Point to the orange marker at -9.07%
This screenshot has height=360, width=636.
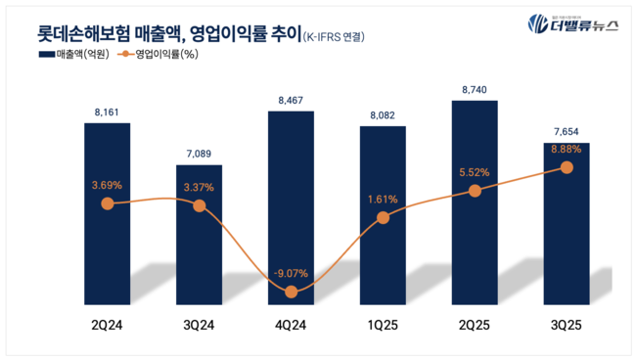click(291, 292)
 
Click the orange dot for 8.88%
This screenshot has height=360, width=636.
click(567, 167)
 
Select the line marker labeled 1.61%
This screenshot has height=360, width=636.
click(383, 217)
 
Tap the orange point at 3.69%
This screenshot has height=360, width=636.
click(107, 203)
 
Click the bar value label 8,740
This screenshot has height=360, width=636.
click(475, 88)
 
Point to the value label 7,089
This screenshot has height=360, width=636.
click(199, 153)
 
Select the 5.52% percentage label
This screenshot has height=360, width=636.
click(474, 172)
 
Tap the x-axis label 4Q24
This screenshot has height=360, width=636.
click(291, 324)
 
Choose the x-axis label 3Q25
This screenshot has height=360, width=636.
click(567, 324)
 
